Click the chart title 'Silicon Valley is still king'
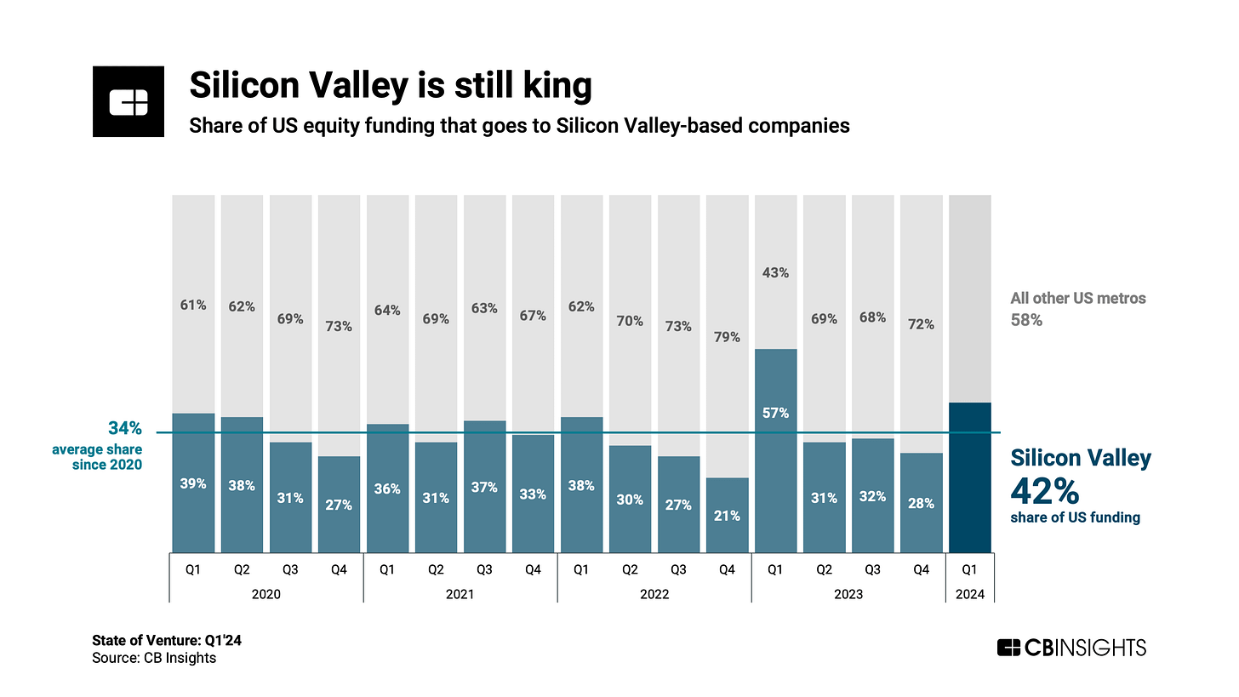click(x=391, y=86)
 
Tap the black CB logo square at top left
click(x=128, y=101)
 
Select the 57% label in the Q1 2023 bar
click(x=775, y=414)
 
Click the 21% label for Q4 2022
click(x=727, y=515)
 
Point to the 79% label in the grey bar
click(x=727, y=337)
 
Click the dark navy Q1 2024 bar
click(x=970, y=477)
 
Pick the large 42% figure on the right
click(x=1045, y=492)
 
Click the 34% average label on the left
click(x=124, y=428)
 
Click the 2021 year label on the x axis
click(x=460, y=594)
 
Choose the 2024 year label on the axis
click(x=970, y=594)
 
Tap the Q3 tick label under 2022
click(x=678, y=570)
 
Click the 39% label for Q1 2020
click(x=193, y=483)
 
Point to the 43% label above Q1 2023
click(x=775, y=273)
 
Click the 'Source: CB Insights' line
click(x=154, y=658)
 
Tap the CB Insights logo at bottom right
click(x=1071, y=648)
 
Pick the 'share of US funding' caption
click(x=1075, y=517)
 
